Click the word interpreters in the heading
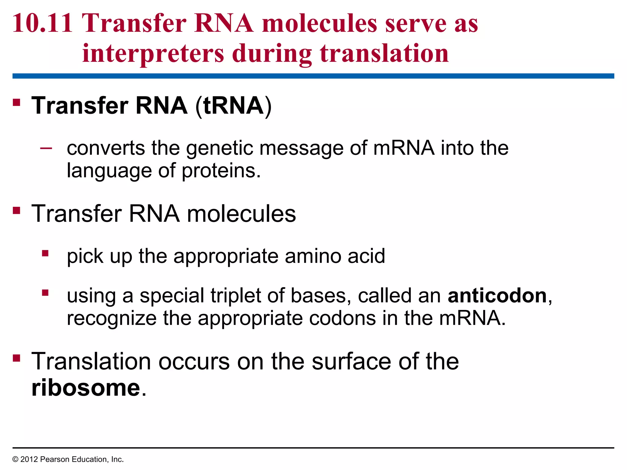click(153, 54)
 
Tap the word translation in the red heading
click(384, 54)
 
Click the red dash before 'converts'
click(46, 148)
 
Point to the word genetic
click(220, 148)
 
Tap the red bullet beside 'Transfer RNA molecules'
click(17, 211)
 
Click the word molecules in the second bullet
click(241, 214)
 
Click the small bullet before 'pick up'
click(45, 253)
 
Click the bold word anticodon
click(497, 296)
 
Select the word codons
click(342, 318)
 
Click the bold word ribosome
click(86, 388)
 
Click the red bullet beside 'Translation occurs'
click(17, 358)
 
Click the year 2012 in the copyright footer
click(29, 459)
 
